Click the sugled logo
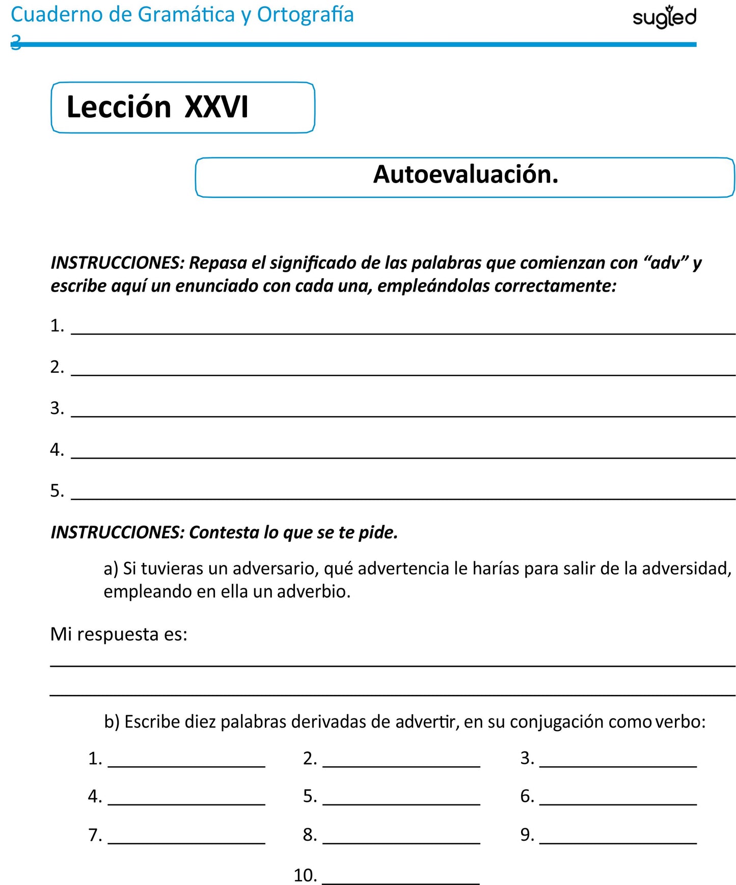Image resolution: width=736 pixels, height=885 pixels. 664,17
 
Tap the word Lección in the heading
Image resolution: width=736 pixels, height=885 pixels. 119,107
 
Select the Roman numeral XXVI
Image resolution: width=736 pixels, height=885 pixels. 216,107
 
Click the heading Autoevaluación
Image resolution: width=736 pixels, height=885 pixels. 466,174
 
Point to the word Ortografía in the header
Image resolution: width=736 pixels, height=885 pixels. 305,15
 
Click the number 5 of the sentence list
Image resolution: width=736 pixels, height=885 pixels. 56,491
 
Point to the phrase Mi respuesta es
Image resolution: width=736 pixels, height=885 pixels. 119,634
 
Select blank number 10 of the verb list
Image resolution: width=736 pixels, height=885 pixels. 401,879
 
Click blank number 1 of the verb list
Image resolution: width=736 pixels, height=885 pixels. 186,762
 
